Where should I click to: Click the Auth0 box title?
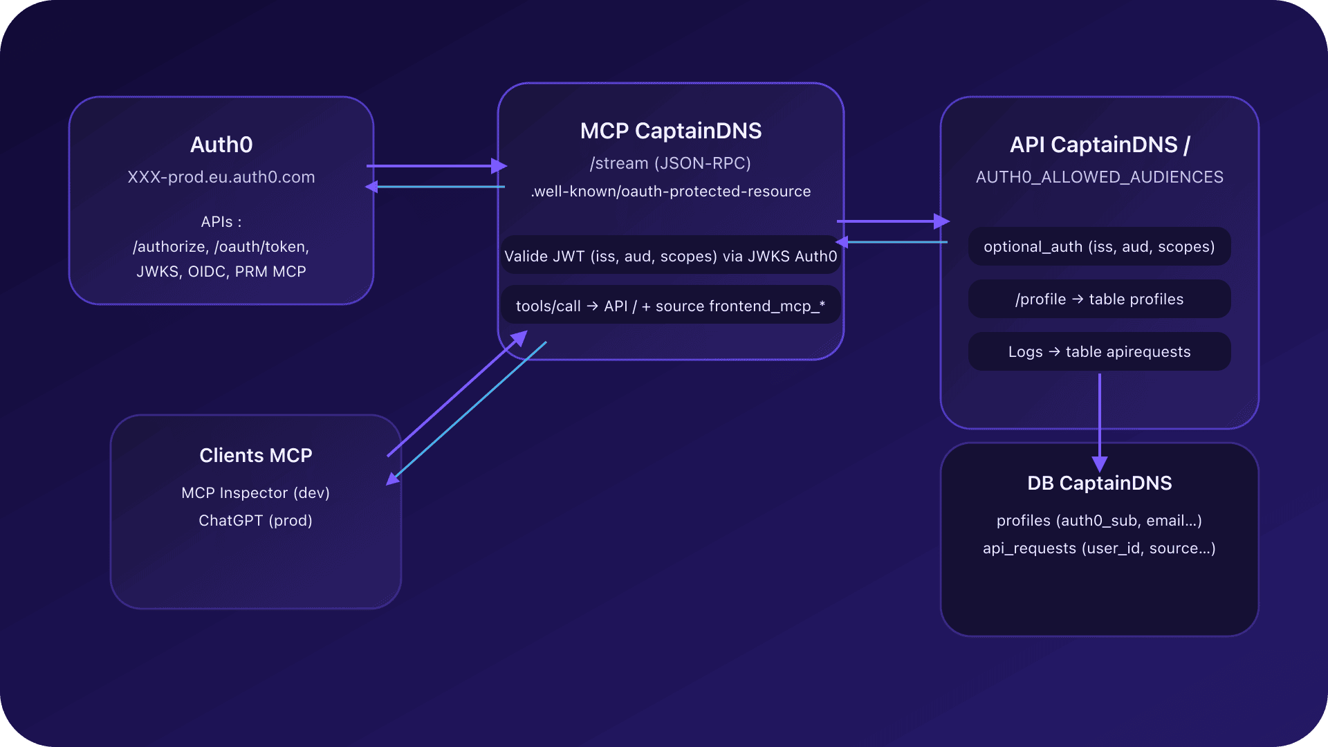tap(221, 145)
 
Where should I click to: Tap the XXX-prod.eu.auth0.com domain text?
tap(221, 177)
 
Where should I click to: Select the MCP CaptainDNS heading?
tap(670, 131)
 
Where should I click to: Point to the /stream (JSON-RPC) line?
tap(670, 163)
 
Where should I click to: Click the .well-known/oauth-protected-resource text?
tap(670, 192)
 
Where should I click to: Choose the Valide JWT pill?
tap(670, 256)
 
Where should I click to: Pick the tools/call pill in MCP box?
tap(670, 306)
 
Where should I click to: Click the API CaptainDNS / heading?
tap(1099, 145)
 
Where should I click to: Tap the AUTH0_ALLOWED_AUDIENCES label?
tap(1099, 177)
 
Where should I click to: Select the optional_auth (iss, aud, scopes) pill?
tap(1099, 247)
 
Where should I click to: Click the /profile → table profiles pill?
tap(1099, 299)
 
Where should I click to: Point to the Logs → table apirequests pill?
tap(1099, 351)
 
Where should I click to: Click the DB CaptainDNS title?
tap(1099, 483)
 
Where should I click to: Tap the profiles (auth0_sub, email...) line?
tap(1099, 520)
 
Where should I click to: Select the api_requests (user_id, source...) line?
tap(1099, 548)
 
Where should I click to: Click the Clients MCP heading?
tap(256, 455)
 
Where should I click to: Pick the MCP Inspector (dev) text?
tap(256, 492)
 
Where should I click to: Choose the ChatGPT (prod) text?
tap(256, 520)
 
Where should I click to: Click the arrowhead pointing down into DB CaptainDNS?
tap(1099, 463)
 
